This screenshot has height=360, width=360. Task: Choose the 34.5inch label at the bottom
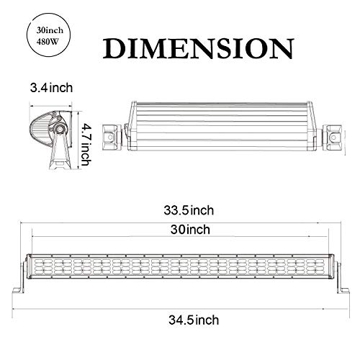tap(188, 318)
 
